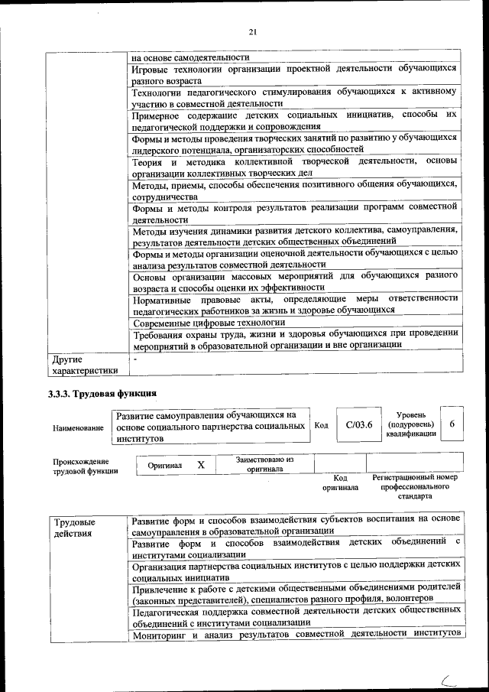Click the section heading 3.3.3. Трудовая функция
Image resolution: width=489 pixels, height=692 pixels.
pos(102,393)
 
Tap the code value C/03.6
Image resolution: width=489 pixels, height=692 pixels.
pos(358,427)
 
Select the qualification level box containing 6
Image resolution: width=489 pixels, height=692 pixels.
pos(452,426)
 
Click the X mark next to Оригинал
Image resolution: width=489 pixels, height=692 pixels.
pos(200,465)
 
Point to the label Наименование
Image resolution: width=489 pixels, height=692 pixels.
pos(78,428)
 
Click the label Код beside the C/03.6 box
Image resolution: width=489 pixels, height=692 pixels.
pos(321,427)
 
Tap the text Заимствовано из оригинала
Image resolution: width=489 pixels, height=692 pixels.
pos(264,464)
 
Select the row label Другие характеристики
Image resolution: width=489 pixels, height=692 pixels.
pos(84,365)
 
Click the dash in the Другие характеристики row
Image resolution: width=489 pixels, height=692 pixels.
pos(134,358)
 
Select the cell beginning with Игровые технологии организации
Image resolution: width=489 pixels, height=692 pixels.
pos(294,74)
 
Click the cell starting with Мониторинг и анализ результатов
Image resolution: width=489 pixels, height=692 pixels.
pos(294,635)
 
